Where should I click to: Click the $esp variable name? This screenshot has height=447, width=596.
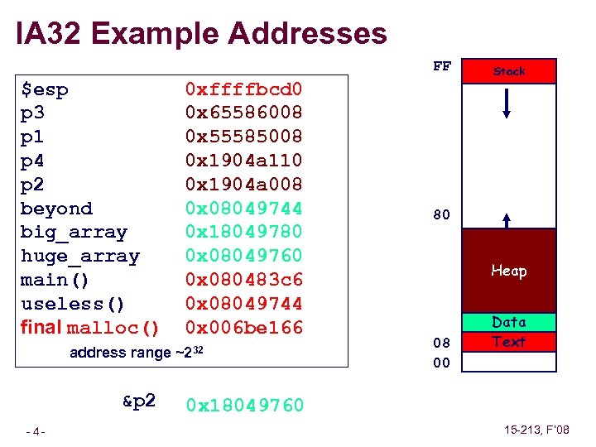click(45, 89)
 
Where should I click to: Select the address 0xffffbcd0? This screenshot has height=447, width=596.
click(244, 89)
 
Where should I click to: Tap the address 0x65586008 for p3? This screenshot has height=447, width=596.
click(244, 112)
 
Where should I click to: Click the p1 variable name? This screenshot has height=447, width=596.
click(34, 136)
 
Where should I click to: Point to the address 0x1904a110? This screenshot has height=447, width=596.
click(244, 160)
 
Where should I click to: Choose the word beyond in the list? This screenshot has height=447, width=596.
click(56, 208)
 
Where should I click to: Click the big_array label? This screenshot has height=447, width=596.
click(74, 233)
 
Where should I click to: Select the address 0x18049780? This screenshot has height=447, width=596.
click(244, 232)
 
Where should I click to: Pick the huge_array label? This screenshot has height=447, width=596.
click(79, 256)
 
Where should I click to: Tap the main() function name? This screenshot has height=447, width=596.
click(56, 280)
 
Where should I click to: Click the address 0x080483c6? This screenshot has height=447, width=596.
click(244, 280)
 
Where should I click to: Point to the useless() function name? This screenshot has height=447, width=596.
click(74, 304)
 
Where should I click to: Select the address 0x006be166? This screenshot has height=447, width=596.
click(244, 328)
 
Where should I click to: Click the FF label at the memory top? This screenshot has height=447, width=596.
click(442, 66)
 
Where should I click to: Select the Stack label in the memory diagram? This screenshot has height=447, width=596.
click(509, 71)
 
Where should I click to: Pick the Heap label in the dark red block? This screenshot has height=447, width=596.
click(509, 271)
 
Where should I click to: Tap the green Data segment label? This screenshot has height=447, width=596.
click(509, 322)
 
